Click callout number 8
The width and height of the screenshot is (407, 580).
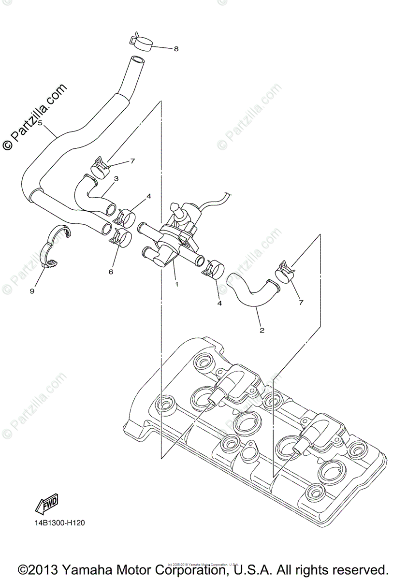176,49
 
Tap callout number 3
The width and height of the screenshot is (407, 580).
116,179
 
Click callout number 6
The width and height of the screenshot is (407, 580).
111,272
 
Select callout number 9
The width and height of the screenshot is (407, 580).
32,291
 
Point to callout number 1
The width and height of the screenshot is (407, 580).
176,284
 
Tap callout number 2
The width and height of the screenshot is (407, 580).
262,331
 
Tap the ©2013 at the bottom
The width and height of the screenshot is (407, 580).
42,568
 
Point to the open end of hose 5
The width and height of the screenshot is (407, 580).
137,61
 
